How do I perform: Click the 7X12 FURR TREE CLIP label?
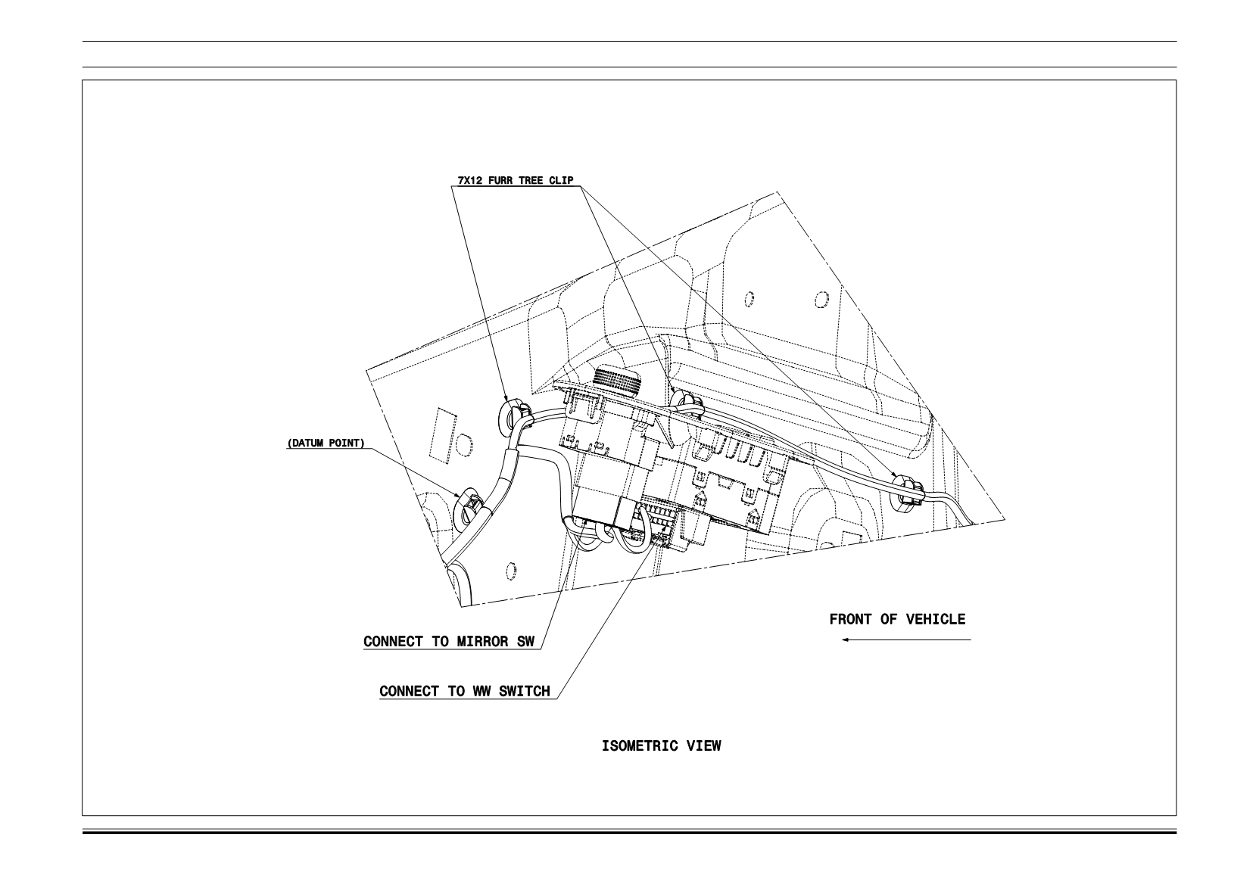click(x=516, y=180)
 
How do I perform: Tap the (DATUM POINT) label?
click(x=326, y=443)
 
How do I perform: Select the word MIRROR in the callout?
click(x=482, y=642)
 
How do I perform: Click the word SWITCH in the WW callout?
click(x=524, y=691)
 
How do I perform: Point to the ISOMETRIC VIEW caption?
click(x=662, y=746)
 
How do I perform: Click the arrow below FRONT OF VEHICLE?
click(x=906, y=640)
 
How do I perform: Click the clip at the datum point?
click(x=468, y=505)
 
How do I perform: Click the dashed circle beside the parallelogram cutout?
click(x=464, y=446)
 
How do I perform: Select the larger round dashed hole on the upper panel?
click(x=821, y=299)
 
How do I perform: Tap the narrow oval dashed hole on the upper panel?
click(x=749, y=300)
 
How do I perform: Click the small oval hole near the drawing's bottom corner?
click(x=511, y=571)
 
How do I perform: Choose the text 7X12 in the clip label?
click(x=470, y=180)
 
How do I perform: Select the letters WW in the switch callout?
click(x=482, y=691)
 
